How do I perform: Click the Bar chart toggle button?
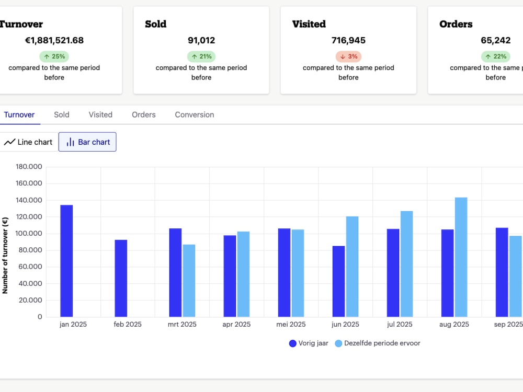pos(87,142)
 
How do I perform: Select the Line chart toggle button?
pos(28,142)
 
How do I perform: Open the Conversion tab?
pos(195,114)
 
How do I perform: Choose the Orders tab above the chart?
pos(144,114)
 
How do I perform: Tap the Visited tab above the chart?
pos(100,114)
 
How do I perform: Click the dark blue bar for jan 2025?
pos(66,261)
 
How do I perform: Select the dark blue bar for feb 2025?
pos(121,279)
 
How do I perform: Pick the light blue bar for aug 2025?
pos(461,257)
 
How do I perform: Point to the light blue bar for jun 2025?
pos(352,267)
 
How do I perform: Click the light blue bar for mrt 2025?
pos(189,281)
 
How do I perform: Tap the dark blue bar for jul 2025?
pos(393,273)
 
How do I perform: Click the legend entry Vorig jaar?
pos(309,343)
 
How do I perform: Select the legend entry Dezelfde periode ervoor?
pos(378,343)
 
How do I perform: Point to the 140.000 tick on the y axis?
pos(29,200)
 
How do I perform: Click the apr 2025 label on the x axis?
pos(236,325)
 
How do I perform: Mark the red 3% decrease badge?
pos(348,56)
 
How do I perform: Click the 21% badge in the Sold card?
pos(201,56)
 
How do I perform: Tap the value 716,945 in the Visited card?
pos(348,40)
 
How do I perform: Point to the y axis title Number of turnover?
pos(5,256)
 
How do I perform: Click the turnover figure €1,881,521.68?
pos(54,40)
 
